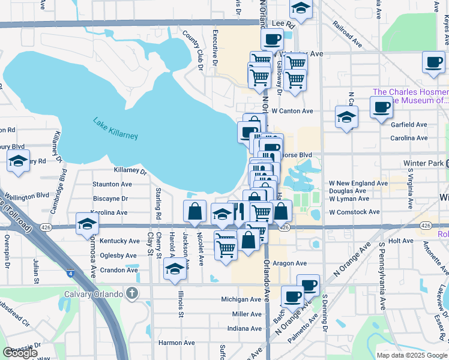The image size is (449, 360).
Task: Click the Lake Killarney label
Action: tap(115, 128)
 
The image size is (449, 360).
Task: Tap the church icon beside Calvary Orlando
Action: tap(133, 293)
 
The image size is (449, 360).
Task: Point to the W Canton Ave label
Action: tap(292, 111)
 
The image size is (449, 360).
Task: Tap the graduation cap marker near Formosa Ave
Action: tap(88, 224)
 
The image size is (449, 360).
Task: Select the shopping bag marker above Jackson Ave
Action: tap(195, 211)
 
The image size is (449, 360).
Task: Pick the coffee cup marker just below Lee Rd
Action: tap(272, 40)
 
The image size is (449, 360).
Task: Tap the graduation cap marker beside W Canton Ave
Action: tap(346, 116)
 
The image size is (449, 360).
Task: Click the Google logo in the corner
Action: tap(19, 352)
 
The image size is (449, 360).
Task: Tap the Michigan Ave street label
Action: tap(241, 299)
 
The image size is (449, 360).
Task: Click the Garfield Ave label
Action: tap(409, 125)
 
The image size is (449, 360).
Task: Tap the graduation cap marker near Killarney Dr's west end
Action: tap(19, 161)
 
